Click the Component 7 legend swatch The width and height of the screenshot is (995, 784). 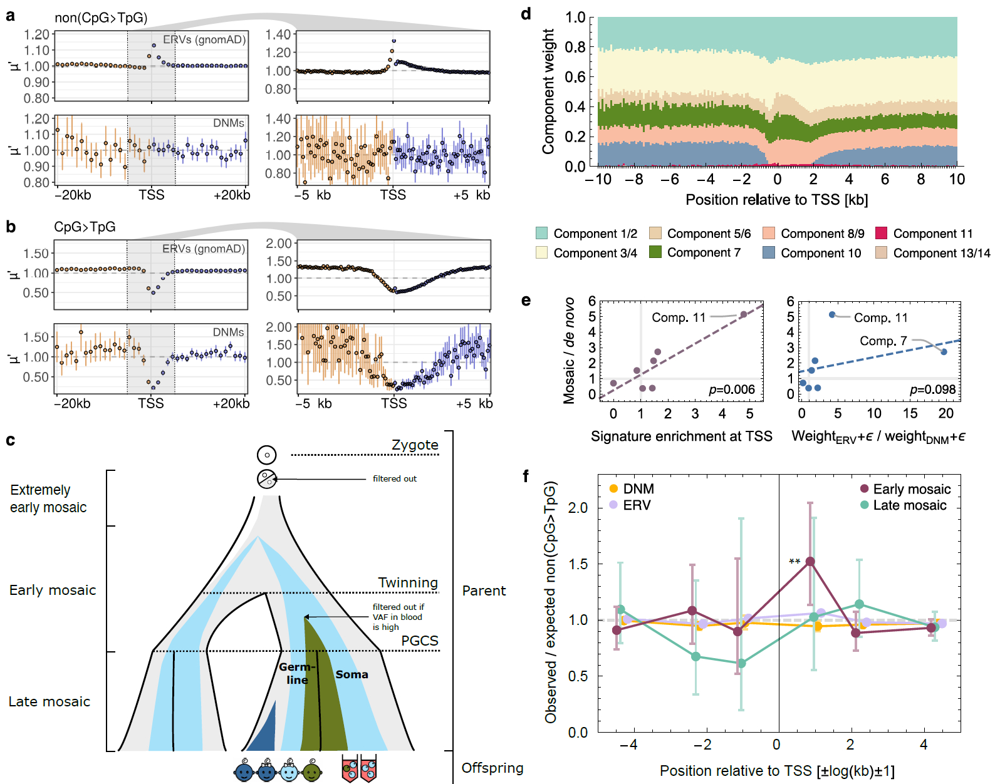pos(655,252)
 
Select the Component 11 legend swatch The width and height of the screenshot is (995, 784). pos(882,233)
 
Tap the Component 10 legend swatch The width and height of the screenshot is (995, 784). pos(769,252)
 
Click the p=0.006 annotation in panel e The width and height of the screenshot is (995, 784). pos(731,389)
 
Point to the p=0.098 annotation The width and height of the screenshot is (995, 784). pos(932,389)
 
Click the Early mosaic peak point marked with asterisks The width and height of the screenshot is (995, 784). pos(810,562)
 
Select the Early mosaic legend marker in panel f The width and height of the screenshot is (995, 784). pos(865,488)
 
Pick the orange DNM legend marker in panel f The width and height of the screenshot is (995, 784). pos(613,488)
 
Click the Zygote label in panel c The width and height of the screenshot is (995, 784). pos(415,445)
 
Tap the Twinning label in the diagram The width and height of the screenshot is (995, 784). pos(408,582)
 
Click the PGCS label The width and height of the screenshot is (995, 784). pos(420,641)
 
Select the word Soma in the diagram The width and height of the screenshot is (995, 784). pos(352,674)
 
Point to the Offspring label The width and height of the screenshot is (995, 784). pos(492,768)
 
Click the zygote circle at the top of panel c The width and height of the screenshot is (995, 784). pos(267,455)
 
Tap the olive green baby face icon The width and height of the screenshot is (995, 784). pos(311,771)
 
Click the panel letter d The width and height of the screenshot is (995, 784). pos(526,14)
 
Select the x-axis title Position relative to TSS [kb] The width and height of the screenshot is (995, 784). pos(776,200)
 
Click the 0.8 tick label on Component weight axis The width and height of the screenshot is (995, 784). pos(575,47)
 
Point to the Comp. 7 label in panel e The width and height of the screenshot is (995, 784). pos(883,341)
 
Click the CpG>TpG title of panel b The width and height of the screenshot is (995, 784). pos(85,227)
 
